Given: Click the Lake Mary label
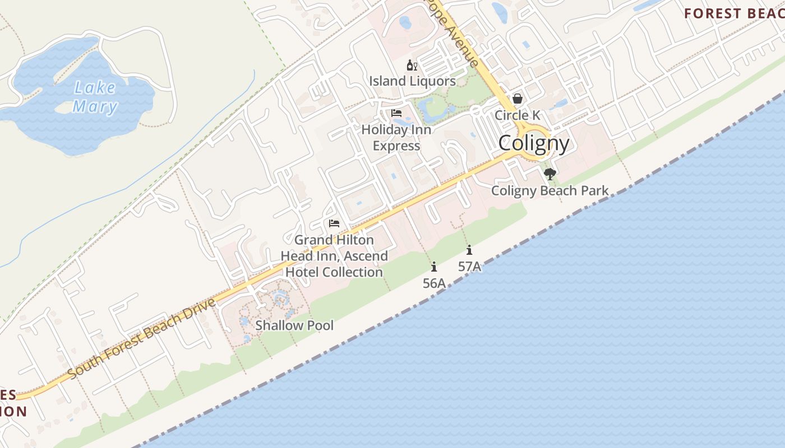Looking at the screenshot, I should click(95, 97).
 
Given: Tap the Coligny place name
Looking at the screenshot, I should click(534, 143).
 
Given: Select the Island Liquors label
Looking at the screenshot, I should click(412, 81).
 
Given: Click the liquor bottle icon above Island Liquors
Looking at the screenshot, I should click(412, 66).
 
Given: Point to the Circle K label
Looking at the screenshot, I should click(517, 115).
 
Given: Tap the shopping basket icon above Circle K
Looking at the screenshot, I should click(517, 99).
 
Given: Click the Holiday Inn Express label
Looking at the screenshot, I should click(396, 138).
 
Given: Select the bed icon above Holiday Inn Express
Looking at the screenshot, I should click(396, 113).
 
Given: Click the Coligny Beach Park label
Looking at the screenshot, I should click(549, 190).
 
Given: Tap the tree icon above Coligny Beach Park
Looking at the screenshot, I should click(550, 174).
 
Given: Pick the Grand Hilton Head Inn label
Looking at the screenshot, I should click(334, 256).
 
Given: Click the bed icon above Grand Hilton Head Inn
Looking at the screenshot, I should click(334, 223).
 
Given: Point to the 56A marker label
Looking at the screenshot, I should click(434, 283).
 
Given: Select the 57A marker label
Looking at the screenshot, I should click(469, 267).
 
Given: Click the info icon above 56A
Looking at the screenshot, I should click(434, 267).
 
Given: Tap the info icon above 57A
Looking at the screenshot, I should click(469, 250).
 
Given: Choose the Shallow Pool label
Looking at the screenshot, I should click(294, 325).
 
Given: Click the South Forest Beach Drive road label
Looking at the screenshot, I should click(141, 339).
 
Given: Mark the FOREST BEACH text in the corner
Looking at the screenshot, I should click(733, 13).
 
